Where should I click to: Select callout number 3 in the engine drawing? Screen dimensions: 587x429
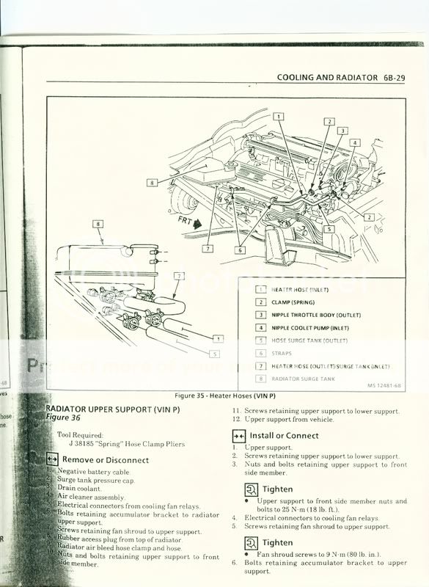[342, 131]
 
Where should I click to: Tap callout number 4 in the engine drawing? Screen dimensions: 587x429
[355, 143]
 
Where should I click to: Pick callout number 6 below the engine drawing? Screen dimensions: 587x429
[239, 249]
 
